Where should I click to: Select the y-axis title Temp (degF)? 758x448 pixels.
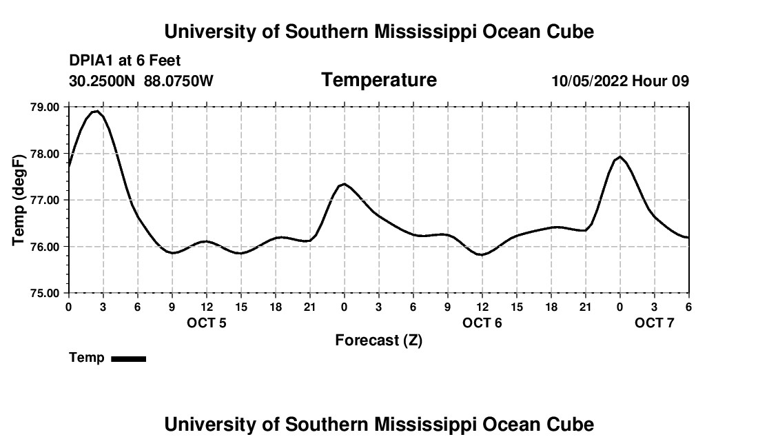point(19,200)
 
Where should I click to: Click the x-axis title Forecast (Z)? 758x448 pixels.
point(378,340)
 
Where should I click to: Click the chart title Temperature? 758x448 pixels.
point(379,80)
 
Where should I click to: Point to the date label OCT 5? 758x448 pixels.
point(207,323)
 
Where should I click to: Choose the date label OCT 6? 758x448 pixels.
point(482,323)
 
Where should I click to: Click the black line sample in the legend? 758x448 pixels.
point(129,358)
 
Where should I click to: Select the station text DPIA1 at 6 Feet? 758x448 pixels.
point(125,61)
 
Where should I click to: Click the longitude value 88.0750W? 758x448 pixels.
point(178,81)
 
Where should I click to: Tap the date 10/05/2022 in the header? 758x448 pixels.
point(589,81)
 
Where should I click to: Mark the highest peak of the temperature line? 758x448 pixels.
point(97,110)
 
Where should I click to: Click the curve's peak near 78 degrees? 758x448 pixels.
point(620,156)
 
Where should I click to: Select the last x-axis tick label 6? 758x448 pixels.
point(688,307)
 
